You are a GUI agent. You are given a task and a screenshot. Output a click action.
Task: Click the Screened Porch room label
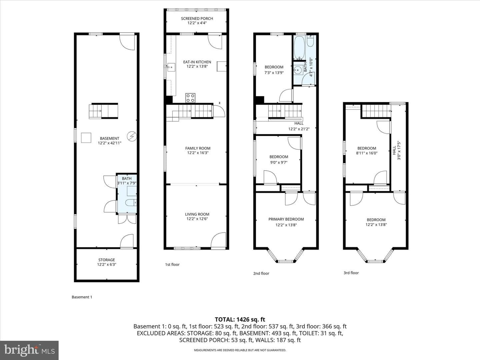pos(197,19)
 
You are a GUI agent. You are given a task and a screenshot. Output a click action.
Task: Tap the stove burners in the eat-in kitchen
pos(190,98)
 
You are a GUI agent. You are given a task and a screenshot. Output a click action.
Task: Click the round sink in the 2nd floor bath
pos(298,70)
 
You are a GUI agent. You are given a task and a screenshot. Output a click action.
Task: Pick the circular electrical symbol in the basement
pos(132,136)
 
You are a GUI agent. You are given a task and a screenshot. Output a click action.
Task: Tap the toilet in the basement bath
pos(131,203)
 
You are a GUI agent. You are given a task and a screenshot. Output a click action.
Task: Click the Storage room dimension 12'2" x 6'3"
pos(106,264)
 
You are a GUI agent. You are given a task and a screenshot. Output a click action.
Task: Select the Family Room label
pos(198,148)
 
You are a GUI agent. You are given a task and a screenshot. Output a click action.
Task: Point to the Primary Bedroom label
pos(286,219)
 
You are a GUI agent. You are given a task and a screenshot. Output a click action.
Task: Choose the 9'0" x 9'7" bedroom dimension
pos(278,162)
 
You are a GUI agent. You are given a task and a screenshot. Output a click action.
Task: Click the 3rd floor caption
pos(351,273)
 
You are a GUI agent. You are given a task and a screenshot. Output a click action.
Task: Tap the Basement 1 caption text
pos(82,297)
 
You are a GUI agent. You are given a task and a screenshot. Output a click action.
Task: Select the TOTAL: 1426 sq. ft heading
pos(240,320)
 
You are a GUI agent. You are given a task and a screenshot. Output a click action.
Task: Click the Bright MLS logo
pos(29,350)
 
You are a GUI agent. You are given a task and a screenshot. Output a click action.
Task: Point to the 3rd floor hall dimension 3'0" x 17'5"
pos(399,151)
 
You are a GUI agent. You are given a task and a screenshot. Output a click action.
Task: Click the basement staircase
pos(103,111)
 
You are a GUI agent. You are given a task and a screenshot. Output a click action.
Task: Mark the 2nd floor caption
pos(261,273)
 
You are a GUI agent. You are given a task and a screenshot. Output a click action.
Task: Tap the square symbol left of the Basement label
pos(86,138)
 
